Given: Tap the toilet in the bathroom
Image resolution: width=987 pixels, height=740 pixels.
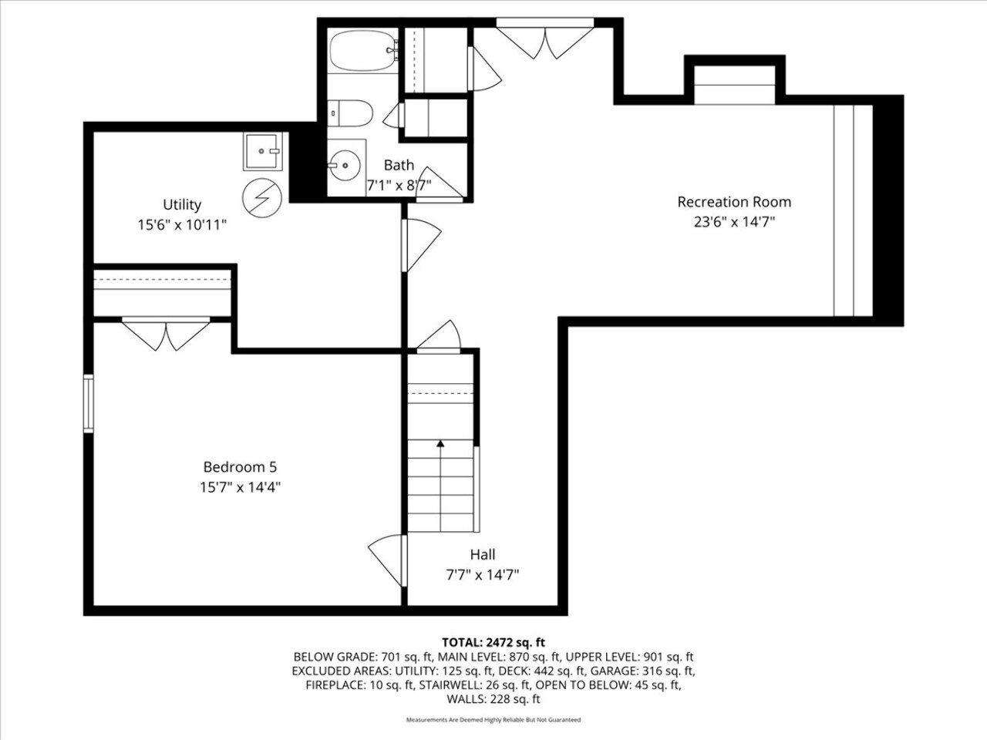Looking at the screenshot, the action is click(350, 113).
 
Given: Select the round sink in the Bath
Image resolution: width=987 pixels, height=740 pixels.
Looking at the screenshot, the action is click(344, 165).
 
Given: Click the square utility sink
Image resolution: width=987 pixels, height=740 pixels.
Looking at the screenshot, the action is click(263, 151).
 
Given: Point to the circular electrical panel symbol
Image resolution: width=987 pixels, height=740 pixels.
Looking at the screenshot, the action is click(262, 197).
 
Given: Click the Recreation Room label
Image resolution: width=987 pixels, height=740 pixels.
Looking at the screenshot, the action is click(734, 202).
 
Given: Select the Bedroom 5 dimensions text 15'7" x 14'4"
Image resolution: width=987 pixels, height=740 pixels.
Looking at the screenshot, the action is click(240, 487).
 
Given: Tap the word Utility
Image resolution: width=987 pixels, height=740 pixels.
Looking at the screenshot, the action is click(182, 204).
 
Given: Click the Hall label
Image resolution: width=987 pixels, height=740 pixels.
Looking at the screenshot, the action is click(483, 554).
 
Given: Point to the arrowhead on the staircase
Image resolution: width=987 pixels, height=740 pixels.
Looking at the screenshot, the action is click(440, 443).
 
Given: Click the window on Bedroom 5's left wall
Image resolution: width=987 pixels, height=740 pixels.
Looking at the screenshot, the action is click(89, 403).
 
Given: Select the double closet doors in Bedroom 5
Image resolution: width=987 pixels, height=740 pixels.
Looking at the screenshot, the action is click(166, 333).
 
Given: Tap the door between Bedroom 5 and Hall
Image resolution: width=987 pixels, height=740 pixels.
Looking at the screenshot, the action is click(388, 560).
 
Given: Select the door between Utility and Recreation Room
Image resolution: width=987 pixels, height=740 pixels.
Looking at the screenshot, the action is click(421, 245).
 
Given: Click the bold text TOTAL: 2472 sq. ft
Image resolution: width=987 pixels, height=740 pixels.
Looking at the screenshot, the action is click(493, 643).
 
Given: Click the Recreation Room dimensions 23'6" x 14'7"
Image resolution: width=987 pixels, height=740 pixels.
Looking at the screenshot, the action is click(734, 222).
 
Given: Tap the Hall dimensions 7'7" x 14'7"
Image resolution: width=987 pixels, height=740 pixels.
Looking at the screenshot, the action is click(483, 575).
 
